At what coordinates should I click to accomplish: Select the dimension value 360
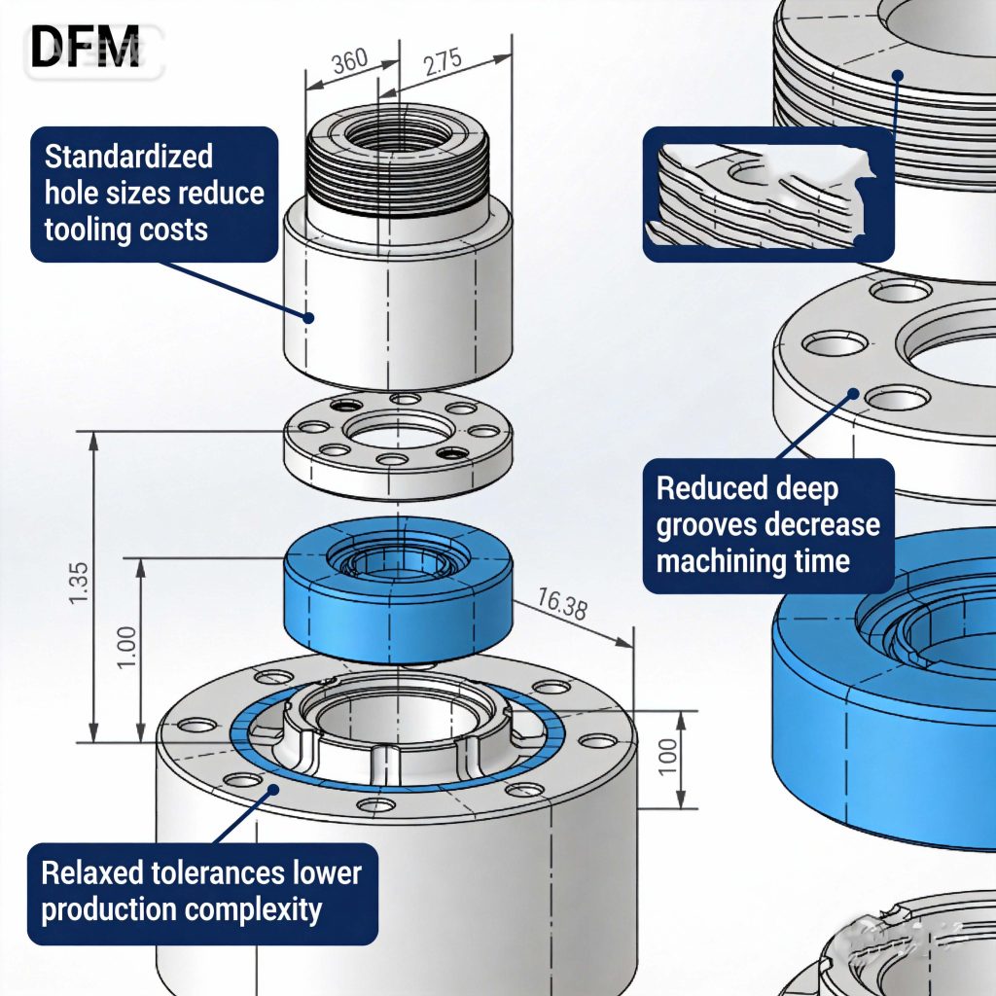coord(349,60)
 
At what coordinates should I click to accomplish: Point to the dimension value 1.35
coord(80,582)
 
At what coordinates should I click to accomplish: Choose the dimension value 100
coord(667,758)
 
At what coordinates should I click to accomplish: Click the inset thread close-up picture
coord(768,196)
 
